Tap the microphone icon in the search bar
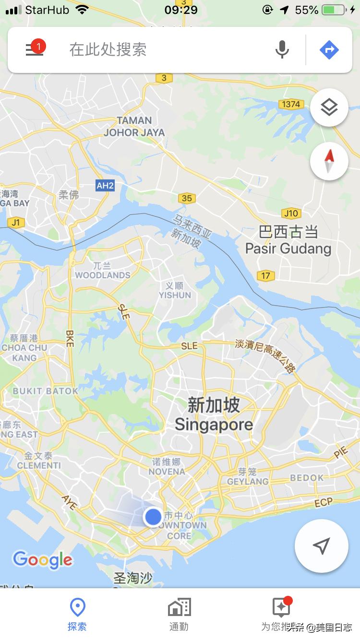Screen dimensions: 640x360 click(282, 49)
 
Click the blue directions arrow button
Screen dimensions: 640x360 click(329, 49)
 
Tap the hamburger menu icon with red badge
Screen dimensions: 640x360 click(35, 49)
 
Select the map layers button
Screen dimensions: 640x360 click(329, 107)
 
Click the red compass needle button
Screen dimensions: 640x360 click(329, 161)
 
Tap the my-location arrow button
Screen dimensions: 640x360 click(321, 546)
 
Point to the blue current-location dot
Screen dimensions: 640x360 click(153, 517)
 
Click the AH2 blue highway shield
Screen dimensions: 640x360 click(105, 185)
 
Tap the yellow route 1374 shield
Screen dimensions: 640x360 click(291, 104)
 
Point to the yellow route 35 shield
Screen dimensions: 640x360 click(187, 198)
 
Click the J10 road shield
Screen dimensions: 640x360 click(291, 213)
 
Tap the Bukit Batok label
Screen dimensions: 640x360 click(46, 391)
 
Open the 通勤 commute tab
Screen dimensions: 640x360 click(179, 614)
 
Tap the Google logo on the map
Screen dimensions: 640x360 click(43, 560)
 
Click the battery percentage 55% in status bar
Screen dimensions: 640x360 click(307, 10)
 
